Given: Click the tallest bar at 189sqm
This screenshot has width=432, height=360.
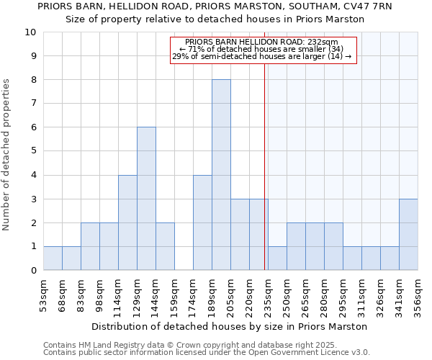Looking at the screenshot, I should pos(221,175).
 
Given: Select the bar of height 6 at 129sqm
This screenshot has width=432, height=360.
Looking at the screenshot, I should pos(146,199).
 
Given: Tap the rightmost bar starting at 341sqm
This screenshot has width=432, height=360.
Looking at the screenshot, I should pos(408,235).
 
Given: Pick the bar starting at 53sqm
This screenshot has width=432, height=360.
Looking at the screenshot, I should pos(53,258).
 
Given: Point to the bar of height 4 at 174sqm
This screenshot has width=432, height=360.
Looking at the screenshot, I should pos(202,222).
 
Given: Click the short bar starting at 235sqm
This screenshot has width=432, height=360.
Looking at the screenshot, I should pos(277,258).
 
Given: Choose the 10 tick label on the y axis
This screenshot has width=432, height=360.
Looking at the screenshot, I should pos(30,32).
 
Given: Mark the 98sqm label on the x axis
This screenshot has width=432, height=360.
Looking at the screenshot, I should pos(99,294).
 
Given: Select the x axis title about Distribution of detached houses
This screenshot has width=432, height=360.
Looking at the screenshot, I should pos(230,326).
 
